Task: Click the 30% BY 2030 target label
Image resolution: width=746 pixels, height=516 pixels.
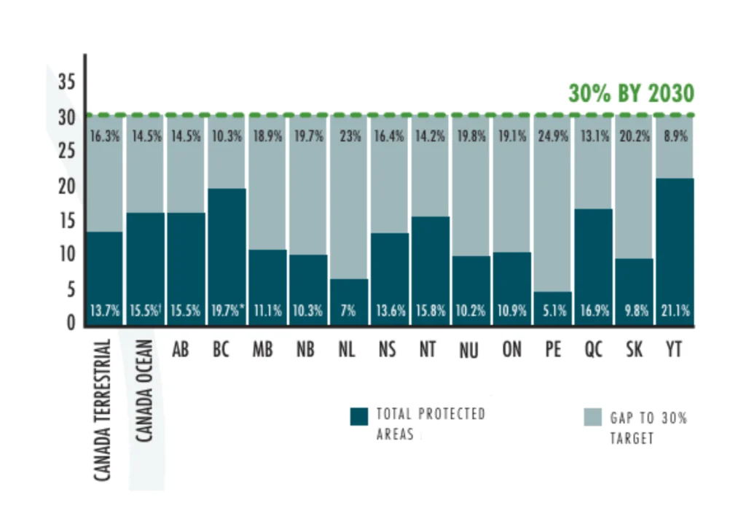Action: click(632, 93)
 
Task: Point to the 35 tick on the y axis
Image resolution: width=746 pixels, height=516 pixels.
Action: click(66, 82)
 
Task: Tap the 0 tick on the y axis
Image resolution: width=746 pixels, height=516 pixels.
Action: click(71, 323)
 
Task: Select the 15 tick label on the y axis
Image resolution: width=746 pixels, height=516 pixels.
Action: click(66, 220)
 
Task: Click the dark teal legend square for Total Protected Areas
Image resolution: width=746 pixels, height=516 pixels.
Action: click(358, 416)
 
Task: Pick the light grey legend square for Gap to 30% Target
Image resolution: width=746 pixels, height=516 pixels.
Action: click(593, 417)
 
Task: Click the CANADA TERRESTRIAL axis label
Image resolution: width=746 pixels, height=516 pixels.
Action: click(103, 410)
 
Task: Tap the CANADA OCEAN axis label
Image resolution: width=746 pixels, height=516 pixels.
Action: click(144, 391)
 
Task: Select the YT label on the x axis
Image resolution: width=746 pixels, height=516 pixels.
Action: click(674, 349)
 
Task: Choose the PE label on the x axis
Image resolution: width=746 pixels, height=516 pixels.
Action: click(552, 349)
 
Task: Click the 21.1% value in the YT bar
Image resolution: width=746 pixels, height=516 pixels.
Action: click(675, 310)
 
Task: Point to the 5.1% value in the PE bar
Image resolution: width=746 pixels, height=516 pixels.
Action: click(554, 310)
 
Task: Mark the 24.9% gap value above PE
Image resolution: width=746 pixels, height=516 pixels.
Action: click(553, 136)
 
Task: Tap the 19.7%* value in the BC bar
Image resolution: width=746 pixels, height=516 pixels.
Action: click(228, 310)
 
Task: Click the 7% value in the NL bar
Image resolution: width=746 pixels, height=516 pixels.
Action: click(348, 310)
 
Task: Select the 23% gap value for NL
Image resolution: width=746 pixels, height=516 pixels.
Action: click(350, 136)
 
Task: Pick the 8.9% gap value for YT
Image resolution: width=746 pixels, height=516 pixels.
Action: click(675, 136)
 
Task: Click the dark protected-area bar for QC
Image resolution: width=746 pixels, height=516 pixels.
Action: click(593, 267)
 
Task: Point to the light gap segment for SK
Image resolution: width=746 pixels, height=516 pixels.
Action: click(635, 187)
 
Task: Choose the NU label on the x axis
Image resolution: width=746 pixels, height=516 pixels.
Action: click(468, 351)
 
